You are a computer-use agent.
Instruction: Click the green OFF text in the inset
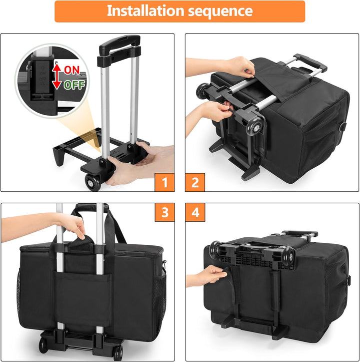pos(74,84)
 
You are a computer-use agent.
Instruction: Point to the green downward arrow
pos(57,83)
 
